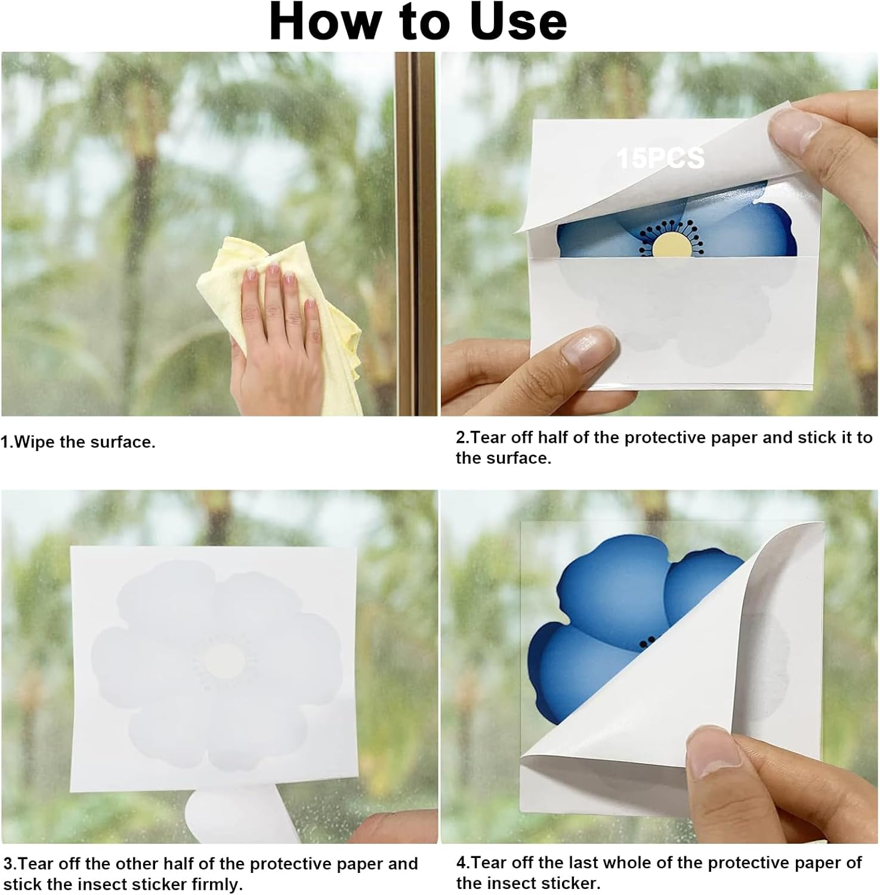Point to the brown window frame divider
point(416,233)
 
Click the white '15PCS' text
point(661,159)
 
